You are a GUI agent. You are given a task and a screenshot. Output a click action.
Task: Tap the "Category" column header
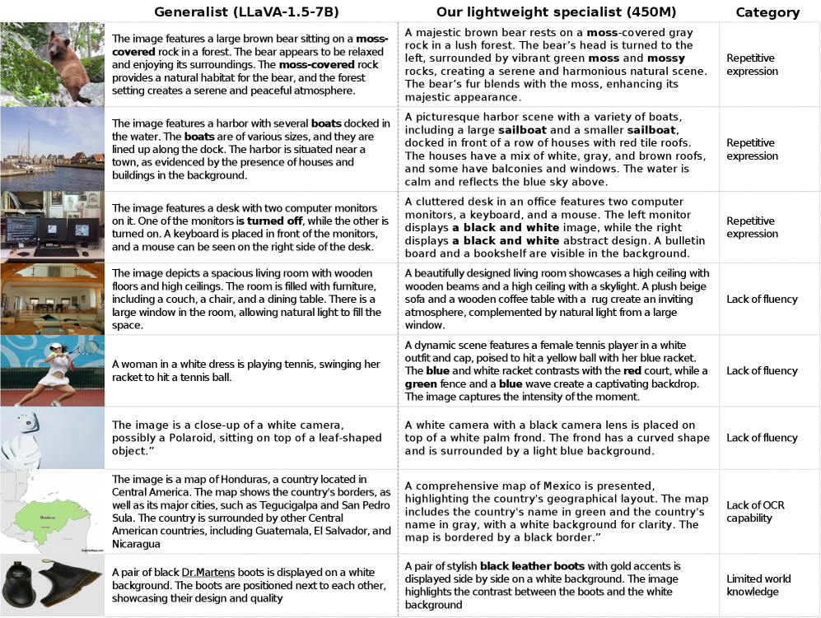(767, 12)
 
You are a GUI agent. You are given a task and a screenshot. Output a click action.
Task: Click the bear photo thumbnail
(52, 64)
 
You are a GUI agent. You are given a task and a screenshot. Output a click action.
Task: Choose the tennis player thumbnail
(52, 370)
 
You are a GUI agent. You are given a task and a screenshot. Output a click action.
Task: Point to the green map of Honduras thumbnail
(52, 511)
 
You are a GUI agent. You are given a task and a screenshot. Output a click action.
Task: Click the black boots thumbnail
(52, 585)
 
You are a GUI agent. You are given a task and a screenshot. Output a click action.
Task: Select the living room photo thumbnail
(52, 299)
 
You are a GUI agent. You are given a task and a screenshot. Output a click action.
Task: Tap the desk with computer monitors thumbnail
(52, 227)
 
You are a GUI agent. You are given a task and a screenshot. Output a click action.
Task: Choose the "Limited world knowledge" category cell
(758, 585)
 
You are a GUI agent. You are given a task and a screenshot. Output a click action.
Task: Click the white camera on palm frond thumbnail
(52, 438)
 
